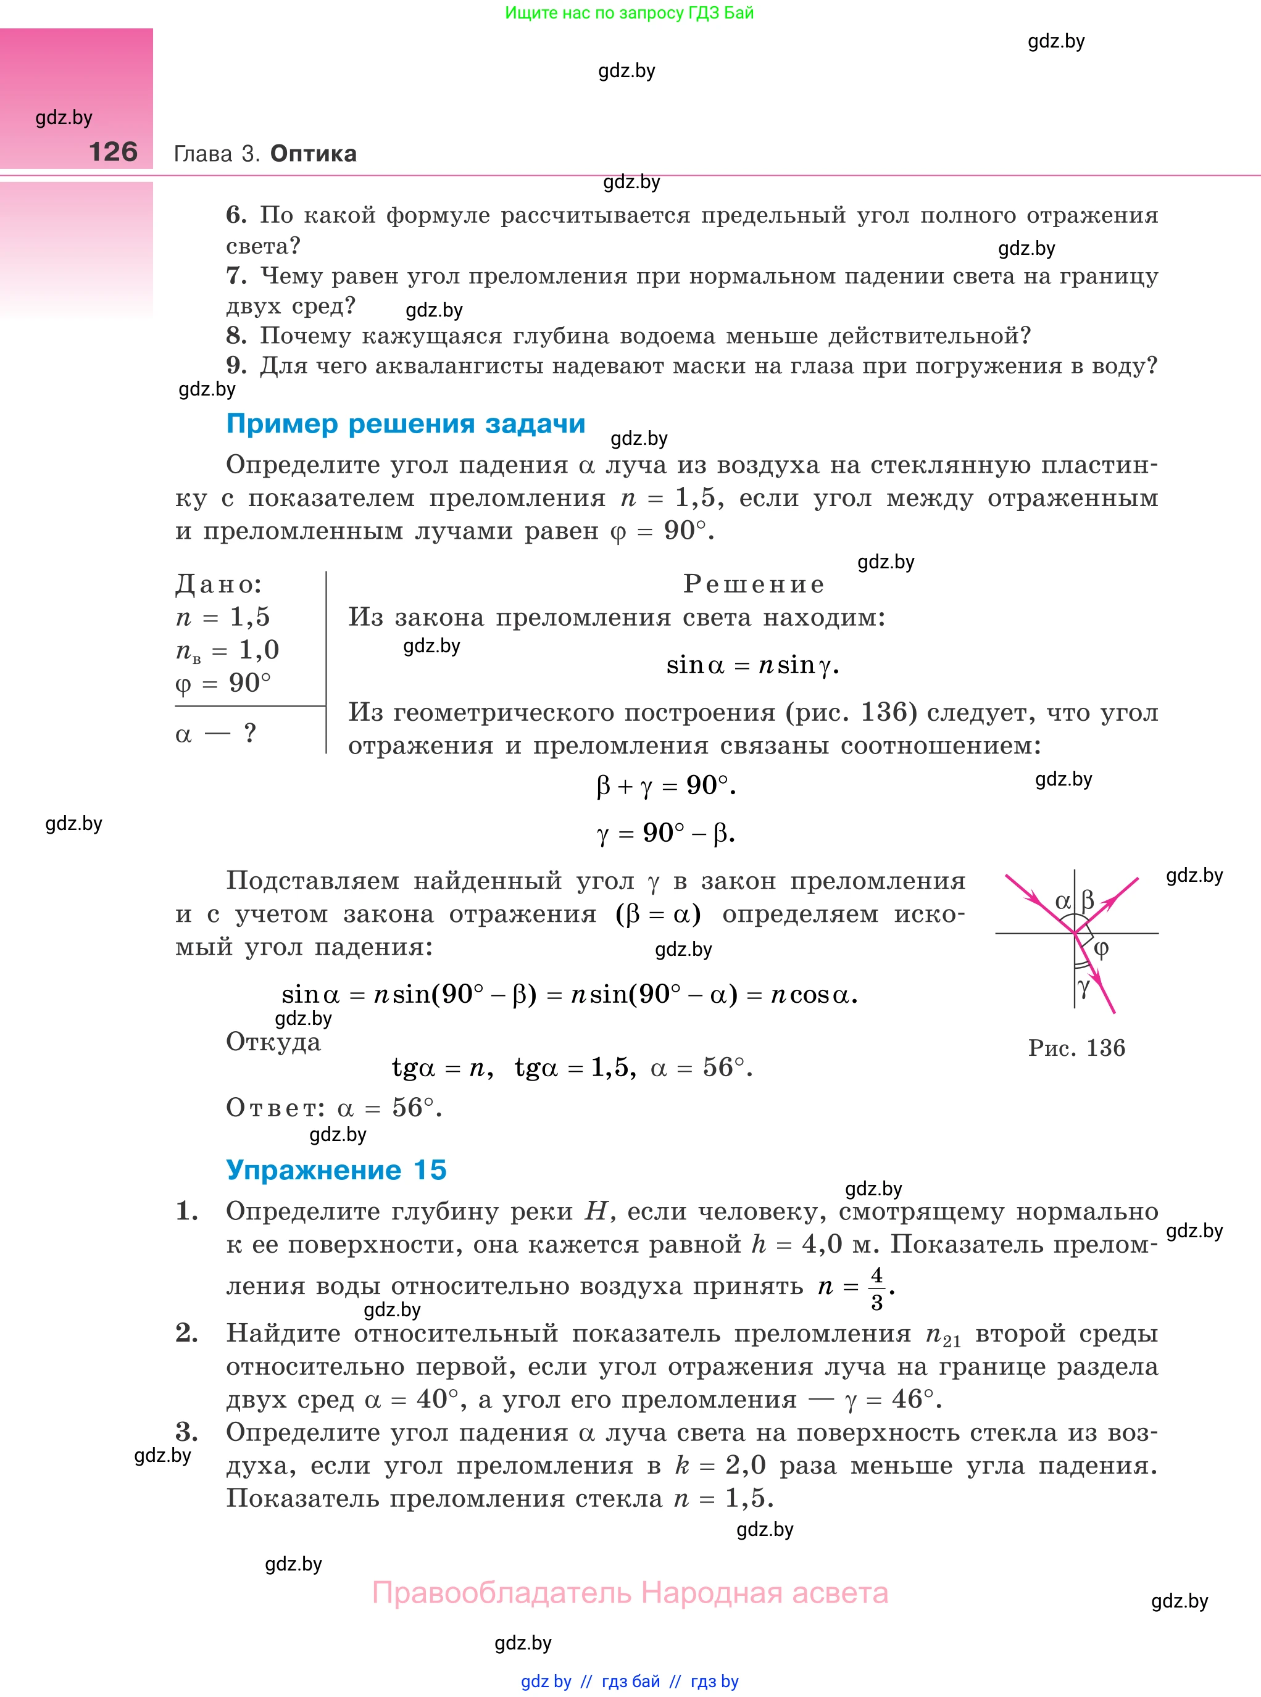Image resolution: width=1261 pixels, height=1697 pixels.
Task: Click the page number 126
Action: click(113, 152)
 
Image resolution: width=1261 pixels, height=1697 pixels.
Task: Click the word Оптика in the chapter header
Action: click(313, 154)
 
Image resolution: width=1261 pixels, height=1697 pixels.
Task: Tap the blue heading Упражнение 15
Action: click(336, 1170)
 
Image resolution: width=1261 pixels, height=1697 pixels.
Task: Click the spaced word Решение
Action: click(754, 584)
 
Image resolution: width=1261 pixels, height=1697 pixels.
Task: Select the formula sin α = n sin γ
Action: click(752, 665)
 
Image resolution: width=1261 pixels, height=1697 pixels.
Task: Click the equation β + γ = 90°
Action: click(665, 785)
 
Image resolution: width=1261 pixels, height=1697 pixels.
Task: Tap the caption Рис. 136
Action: click(1076, 1048)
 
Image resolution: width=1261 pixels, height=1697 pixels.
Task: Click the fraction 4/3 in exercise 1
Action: click(876, 1288)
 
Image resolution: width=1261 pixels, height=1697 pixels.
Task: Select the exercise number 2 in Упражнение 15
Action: click(186, 1332)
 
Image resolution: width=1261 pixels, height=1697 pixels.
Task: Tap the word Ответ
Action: click(275, 1107)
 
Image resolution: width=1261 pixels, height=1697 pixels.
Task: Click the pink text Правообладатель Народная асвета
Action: click(630, 1593)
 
